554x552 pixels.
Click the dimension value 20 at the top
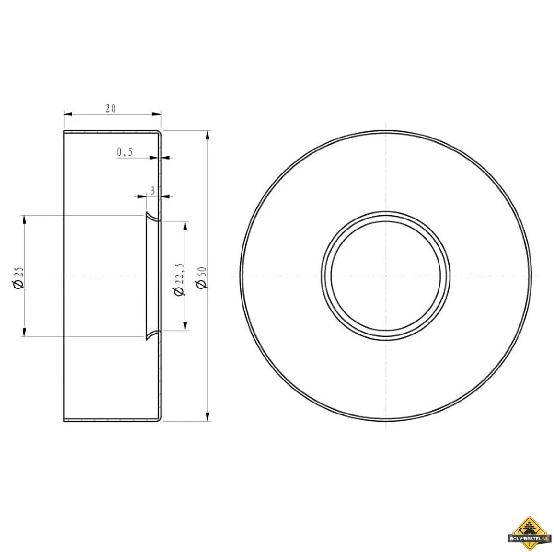click(x=110, y=108)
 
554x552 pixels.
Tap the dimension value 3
click(x=152, y=190)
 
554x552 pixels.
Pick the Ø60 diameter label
click(x=202, y=277)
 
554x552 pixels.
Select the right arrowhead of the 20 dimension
click(x=156, y=114)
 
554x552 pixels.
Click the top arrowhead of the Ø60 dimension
click(x=207, y=135)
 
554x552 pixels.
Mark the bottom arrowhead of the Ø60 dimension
click(x=207, y=416)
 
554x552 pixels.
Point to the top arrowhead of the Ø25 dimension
click(x=24, y=220)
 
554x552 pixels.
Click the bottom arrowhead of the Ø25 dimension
click(x=24, y=332)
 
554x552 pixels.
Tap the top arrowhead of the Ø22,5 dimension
click(x=185, y=226)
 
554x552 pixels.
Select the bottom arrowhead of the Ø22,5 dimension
click(x=185, y=326)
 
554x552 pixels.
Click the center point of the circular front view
click(x=386, y=276)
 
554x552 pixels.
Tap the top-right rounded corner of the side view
click(x=159, y=133)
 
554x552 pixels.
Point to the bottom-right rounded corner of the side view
click(x=159, y=419)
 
